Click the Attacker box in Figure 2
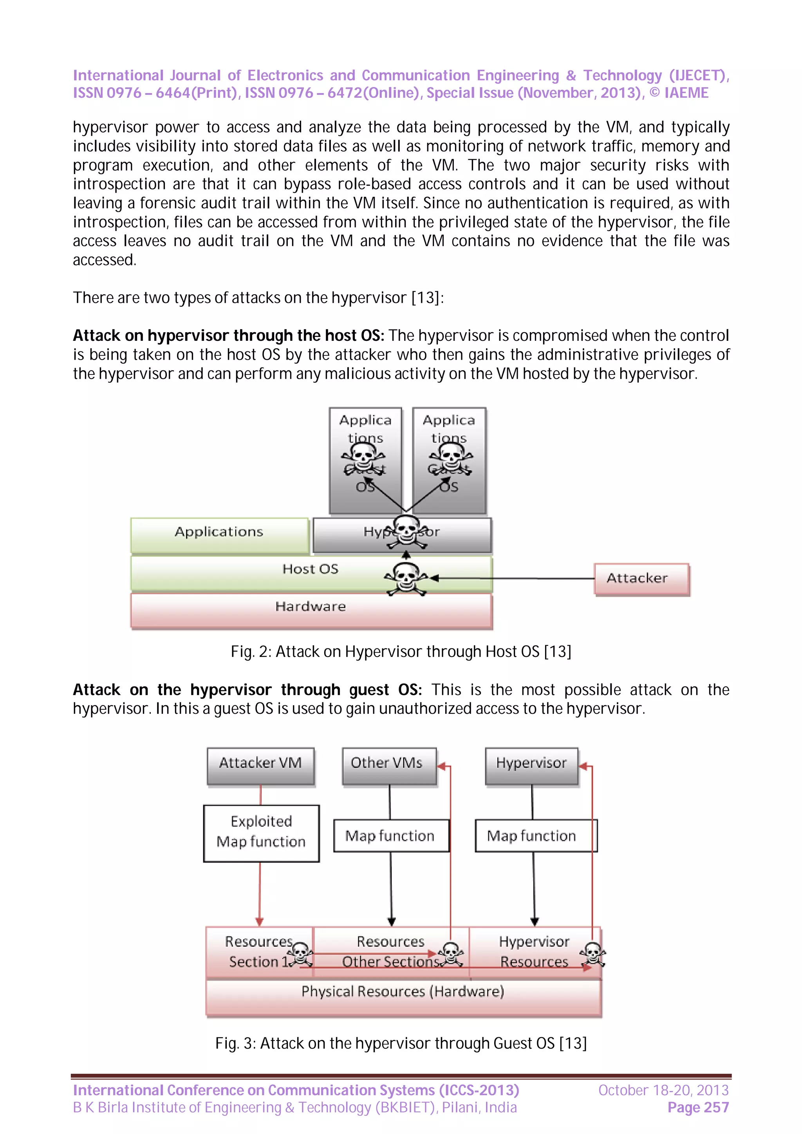[641, 578]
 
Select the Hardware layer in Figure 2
[311, 610]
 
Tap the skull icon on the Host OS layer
[406, 578]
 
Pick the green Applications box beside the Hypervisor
[219, 535]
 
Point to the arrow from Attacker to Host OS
[514, 578]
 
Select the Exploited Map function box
[261, 833]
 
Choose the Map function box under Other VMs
[390, 836]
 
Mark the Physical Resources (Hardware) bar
[403, 996]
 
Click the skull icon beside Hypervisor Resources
[593, 954]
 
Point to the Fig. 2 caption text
[401, 652]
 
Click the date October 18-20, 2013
[663, 1090]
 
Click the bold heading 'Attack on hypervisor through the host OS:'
[228, 336]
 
